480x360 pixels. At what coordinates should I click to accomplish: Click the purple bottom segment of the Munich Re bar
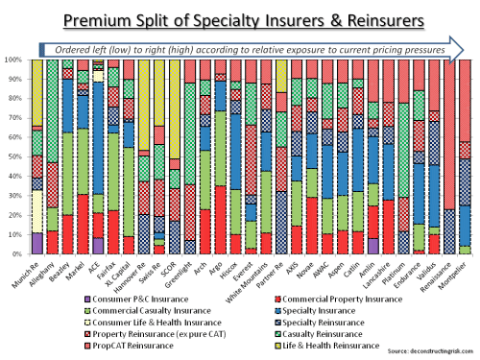37,244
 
